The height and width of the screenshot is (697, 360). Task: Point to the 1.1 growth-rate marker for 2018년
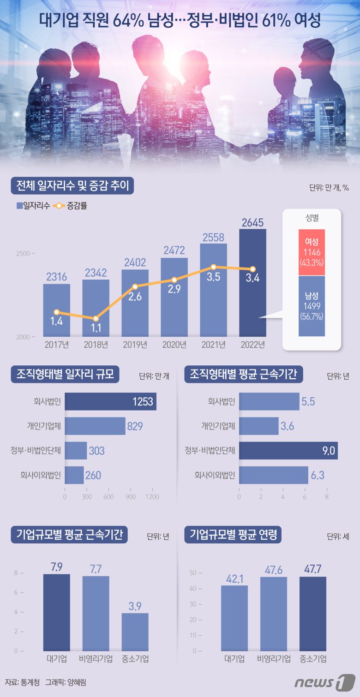point(96,319)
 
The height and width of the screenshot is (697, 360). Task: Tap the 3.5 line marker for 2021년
point(213,267)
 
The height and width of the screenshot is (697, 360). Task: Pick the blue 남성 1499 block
point(312,306)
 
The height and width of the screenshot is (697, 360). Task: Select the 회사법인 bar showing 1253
point(110,402)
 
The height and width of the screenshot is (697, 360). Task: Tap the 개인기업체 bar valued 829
point(95,426)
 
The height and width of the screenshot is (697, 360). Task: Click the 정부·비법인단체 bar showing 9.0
point(288,451)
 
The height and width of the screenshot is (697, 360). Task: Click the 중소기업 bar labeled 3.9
point(135,631)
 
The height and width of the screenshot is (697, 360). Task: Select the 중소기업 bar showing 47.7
point(312,614)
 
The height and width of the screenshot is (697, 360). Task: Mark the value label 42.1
point(234,577)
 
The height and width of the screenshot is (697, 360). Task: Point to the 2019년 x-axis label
point(135,345)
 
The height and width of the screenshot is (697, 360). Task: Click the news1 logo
point(328,682)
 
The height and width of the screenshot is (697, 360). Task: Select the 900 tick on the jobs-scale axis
point(131,497)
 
